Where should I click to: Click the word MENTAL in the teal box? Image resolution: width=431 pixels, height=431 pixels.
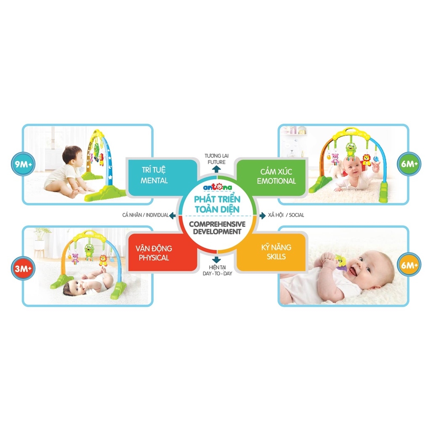coord(154,181)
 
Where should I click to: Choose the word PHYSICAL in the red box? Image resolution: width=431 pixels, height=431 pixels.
coord(154,257)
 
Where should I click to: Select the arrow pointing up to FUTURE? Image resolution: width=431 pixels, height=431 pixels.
coord(215,169)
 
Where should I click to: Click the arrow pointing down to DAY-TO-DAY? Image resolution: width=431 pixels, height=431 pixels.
coord(215,260)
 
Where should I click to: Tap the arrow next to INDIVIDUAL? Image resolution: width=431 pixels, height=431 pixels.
coord(172,215)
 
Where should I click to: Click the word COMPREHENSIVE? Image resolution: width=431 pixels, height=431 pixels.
coord(215,225)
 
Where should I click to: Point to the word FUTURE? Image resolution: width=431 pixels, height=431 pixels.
coord(215,162)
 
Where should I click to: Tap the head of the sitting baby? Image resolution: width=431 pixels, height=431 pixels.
coord(72,155)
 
